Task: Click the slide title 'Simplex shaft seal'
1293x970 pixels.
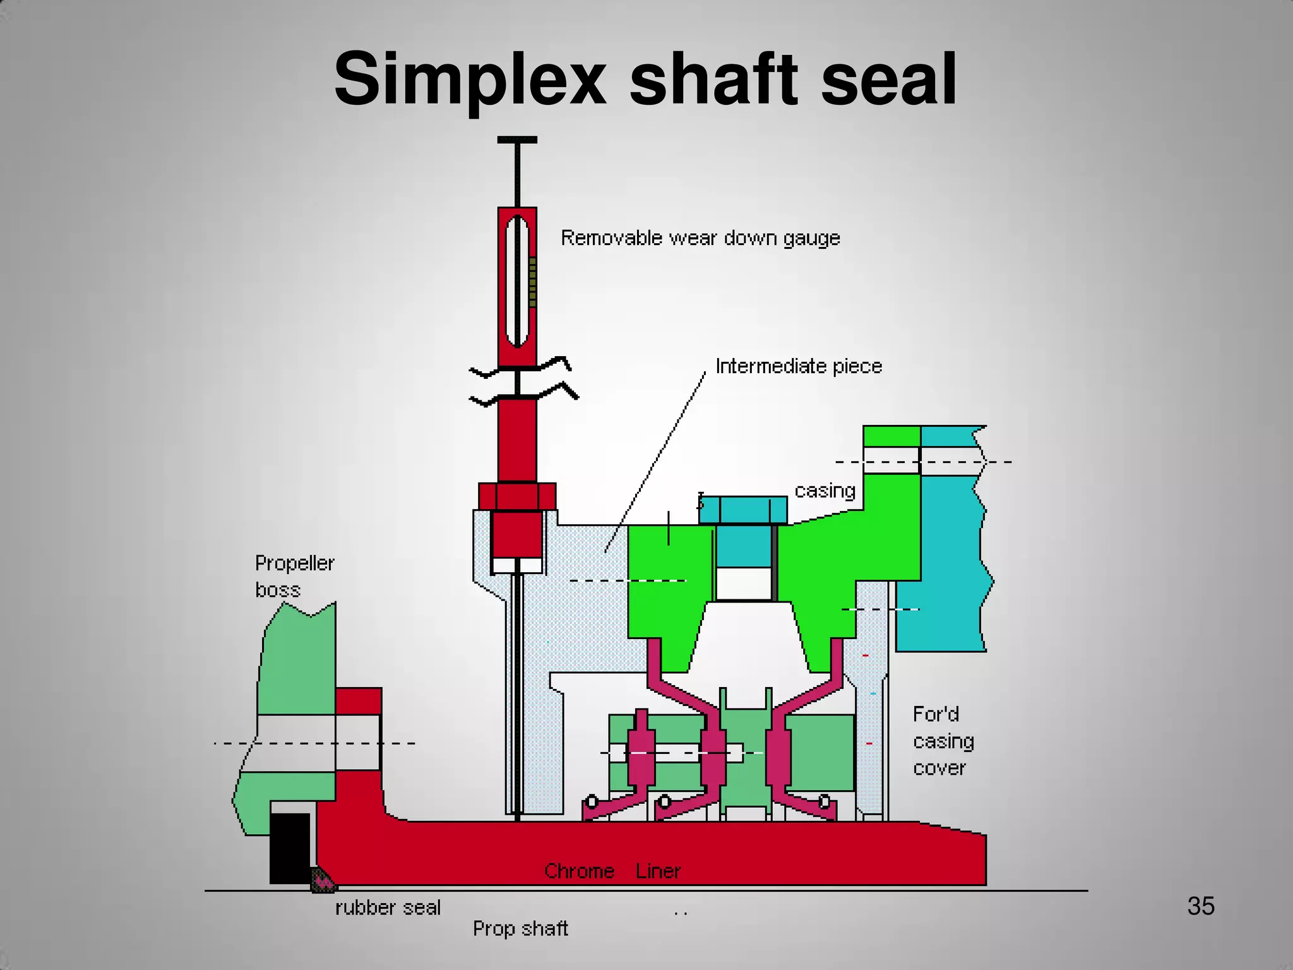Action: coord(645,79)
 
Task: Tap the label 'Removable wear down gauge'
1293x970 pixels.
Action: coord(700,238)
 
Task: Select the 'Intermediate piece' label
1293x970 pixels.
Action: coord(798,366)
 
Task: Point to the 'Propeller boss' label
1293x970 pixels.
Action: coord(294,576)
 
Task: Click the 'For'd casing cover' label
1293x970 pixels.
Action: coord(943,741)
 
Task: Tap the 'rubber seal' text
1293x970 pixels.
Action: coord(388,907)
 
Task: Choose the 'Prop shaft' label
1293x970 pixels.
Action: coord(520,928)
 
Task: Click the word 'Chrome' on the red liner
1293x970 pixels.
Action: coord(579,871)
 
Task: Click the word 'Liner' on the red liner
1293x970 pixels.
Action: coord(658,871)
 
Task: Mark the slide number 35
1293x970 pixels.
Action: coord(1200,906)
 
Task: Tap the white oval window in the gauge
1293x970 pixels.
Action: coord(517,281)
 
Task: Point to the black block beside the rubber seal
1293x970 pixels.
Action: coord(290,847)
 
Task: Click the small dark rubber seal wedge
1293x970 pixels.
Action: coord(322,879)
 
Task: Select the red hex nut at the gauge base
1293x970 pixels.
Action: coord(517,496)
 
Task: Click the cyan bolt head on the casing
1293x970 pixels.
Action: coord(743,510)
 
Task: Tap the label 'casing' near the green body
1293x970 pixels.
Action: coord(825,491)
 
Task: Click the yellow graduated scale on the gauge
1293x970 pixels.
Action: coord(532,282)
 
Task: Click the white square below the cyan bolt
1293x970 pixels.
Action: coord(744,584)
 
